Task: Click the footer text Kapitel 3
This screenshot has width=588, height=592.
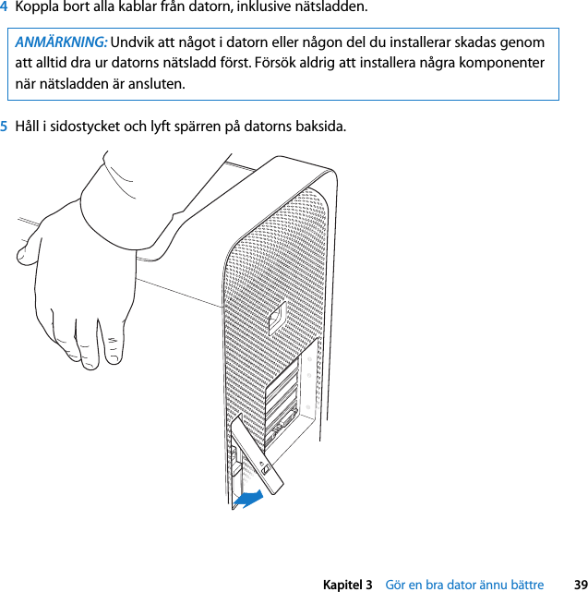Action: (x=347, y=585)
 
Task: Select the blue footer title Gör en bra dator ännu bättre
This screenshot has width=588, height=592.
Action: (x=463, y=585)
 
